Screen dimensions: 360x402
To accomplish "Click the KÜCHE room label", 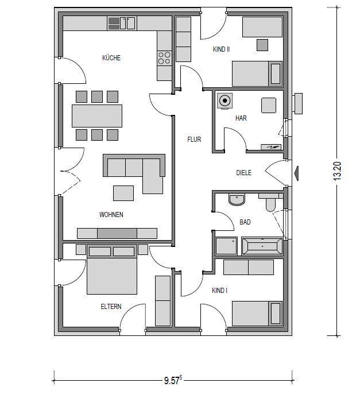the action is (x=111, y=57).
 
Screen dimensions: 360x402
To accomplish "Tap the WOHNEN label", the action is (x=111, y=214).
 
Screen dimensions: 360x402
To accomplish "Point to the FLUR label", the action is (x=194, y=139).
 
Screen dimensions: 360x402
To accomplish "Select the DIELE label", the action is (x=243, y=172).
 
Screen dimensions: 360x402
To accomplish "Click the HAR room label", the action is (x=241, y=118).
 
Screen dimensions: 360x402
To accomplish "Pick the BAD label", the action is (x=245, y=222).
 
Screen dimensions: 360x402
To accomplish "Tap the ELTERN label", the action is (x=111, y=306).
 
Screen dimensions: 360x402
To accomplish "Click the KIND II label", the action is (x=221, y=49).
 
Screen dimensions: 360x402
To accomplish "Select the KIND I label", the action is (x=219, y=290).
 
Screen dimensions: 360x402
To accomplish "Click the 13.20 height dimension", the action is (x=338, y=171).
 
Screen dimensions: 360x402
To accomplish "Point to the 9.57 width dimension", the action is (x=173, y=380).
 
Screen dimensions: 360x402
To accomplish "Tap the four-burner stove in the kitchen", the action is (x=164, y=58).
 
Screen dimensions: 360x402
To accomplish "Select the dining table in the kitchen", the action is (x=97, y=115).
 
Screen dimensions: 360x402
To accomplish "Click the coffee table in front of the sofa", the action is (x=123, y=193).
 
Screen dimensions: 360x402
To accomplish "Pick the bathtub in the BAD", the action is (x=262, y=246).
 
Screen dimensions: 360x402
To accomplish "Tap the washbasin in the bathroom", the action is (x=237, y=199).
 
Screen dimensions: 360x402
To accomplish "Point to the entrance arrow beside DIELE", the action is (x=296, y=173).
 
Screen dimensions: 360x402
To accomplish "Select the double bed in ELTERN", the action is (x=111, y=269).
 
